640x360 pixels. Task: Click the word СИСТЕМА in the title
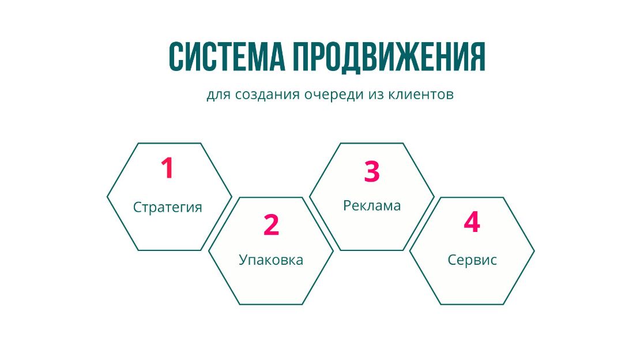pos(227,57)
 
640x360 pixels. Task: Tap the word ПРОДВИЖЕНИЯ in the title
pos(389,57)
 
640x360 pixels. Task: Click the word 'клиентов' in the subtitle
pos(420,95)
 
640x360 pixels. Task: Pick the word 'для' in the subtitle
pos(219,95)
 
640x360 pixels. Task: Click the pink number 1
pos(167,167)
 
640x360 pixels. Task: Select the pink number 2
pos(272,224)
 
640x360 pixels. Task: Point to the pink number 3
pos(372,171)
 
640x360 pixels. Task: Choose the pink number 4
pos(472,222)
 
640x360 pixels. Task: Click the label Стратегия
pos(168,207)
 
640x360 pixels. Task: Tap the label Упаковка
pos(271,260)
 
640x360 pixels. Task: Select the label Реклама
pos(372,205)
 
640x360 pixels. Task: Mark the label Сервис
pos(472,260)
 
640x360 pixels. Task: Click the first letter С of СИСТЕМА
pos(176,57)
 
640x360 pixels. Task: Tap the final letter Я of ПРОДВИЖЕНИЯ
pos(477,57)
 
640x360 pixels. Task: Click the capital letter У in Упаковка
pos(243,260)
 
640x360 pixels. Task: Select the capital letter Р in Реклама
pos(347,205)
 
